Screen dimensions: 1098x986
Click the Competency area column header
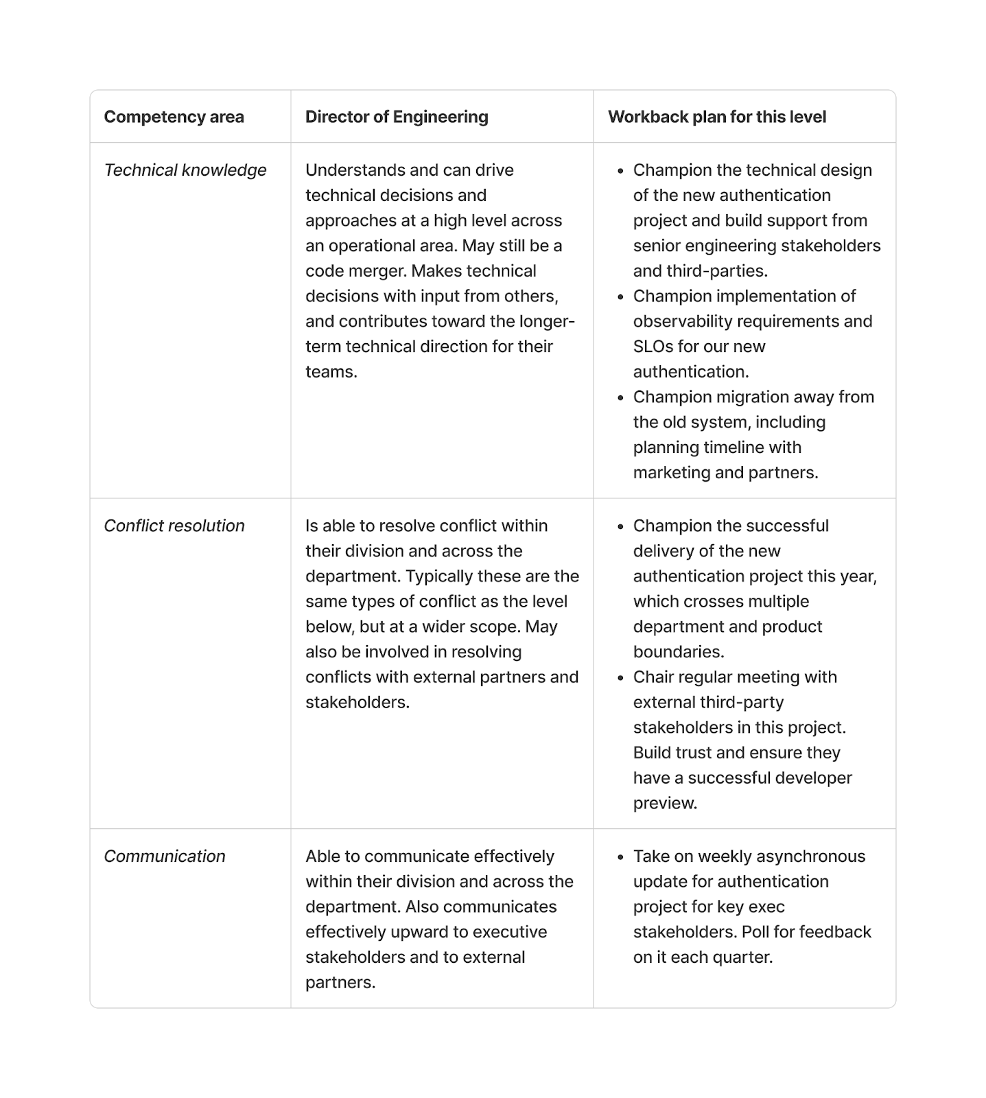[x=174, y=117]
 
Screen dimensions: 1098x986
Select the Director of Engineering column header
[x=397, y=117]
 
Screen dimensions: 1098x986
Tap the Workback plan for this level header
[x=716, y=117]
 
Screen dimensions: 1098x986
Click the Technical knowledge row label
[x=185, y=170]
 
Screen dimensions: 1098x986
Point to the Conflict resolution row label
[x=174, y=526]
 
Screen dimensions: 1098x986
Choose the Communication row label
[x=165, y=856]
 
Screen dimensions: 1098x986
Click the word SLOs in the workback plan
[x=653, y=347]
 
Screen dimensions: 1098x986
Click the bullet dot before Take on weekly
[x=620, y=857]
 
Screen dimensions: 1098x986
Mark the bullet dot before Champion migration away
[x=620, y=397]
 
